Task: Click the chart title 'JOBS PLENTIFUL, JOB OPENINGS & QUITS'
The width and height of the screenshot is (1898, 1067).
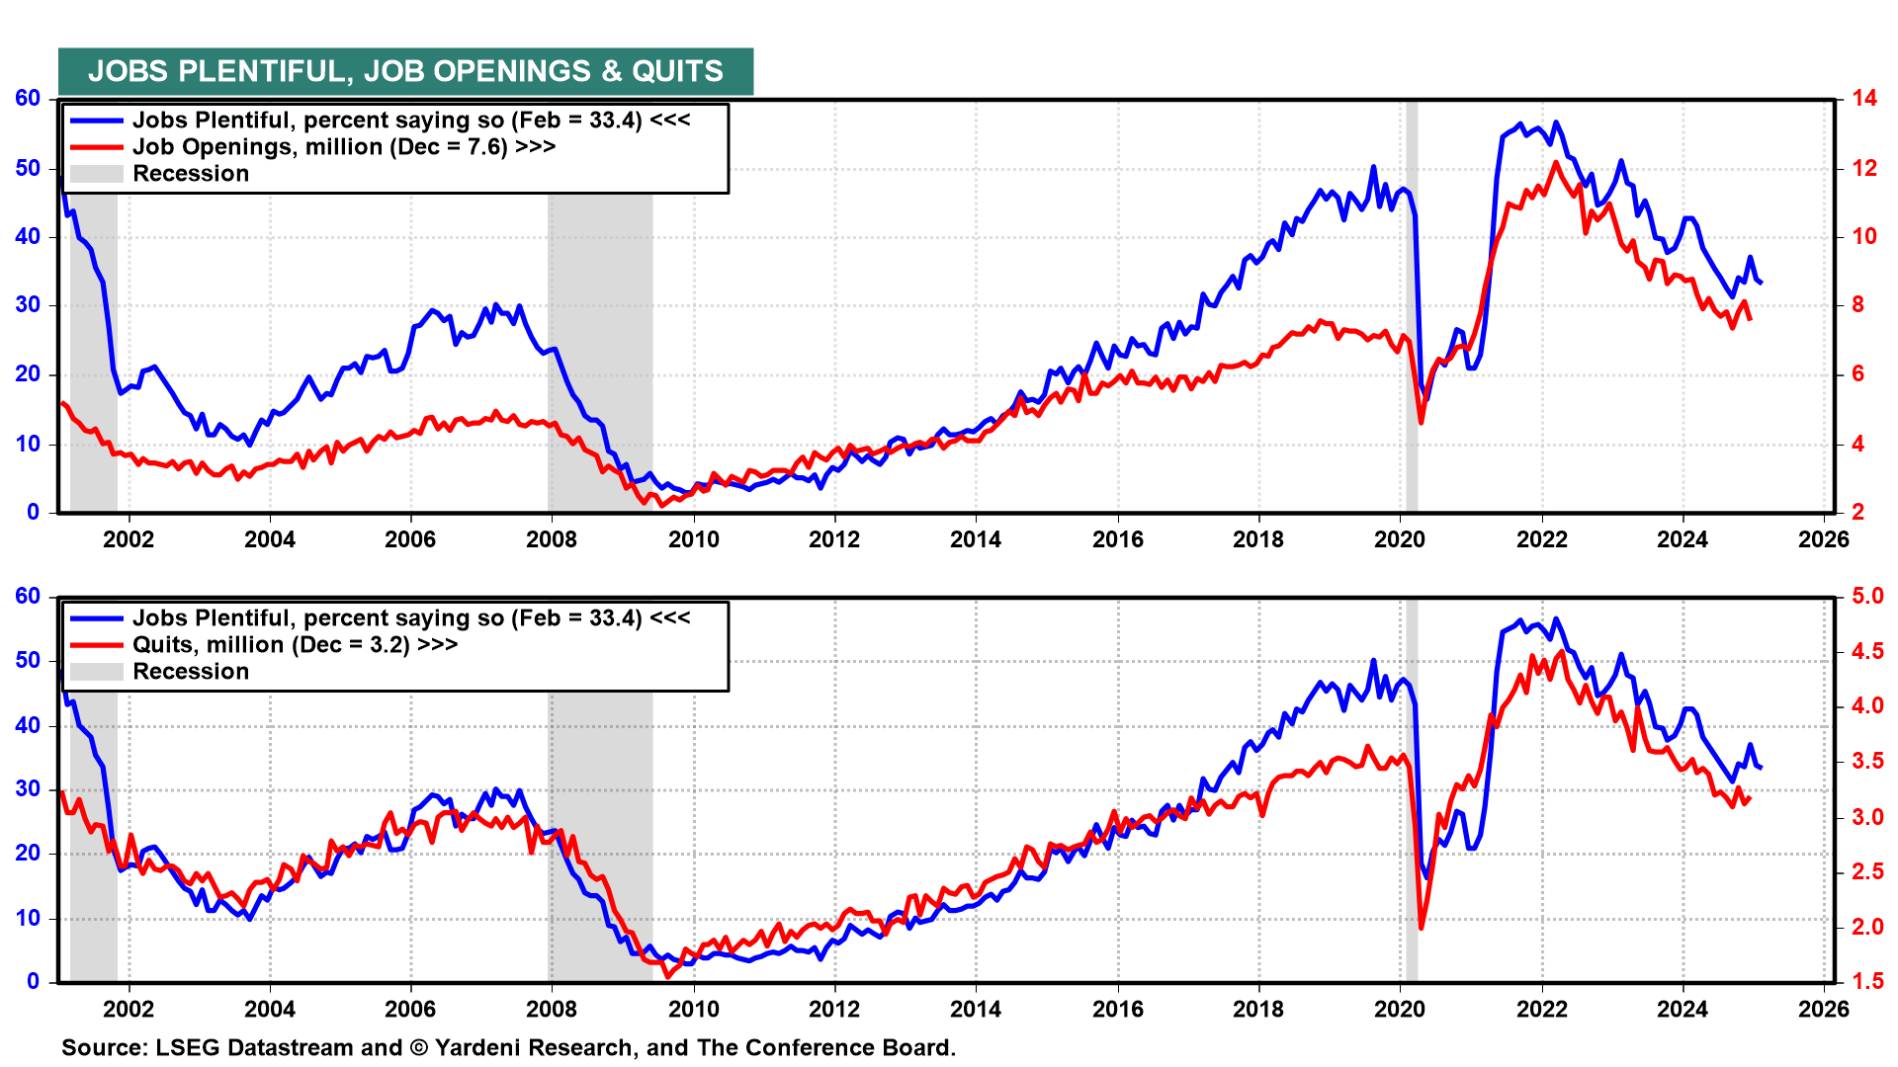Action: point(405,72)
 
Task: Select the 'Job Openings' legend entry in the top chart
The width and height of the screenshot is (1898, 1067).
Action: point(343,147)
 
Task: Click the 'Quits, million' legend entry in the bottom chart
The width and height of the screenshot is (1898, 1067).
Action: point(295,645)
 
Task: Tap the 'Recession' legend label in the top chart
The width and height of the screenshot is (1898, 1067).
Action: point(191,174)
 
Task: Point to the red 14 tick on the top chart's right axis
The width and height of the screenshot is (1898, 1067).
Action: point(1864,99)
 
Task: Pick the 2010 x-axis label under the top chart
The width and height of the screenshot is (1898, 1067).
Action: point(693,539)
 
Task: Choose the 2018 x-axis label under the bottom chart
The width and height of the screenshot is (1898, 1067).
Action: point(1258,1009)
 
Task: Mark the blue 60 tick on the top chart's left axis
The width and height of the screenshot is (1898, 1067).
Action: point(28,99)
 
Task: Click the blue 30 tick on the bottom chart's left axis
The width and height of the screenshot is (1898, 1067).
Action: point(28,789)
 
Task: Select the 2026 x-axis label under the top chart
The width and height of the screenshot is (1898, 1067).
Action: point(1824,539)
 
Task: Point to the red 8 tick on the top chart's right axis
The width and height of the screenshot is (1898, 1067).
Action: point(1858,305)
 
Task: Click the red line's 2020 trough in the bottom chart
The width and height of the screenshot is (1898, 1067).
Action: point(1422,927)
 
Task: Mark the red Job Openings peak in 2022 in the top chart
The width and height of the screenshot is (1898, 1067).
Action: point(1556,162)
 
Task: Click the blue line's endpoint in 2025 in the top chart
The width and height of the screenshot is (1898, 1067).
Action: point(1761,284)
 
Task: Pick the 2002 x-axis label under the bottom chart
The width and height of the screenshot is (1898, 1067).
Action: point(129,1009)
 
